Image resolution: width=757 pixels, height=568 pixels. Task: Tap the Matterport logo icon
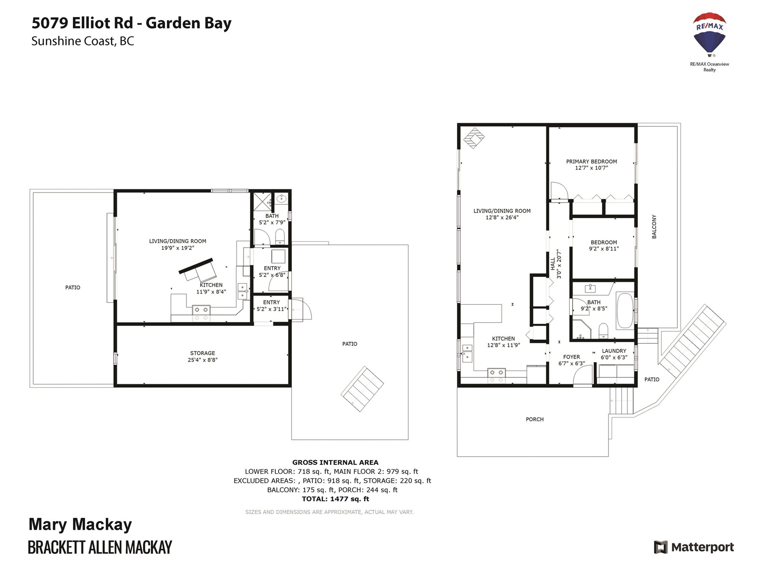pos(660,547)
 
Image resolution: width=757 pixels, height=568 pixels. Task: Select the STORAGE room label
pos(202,353)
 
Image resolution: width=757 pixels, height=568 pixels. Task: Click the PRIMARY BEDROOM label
pos(591,161)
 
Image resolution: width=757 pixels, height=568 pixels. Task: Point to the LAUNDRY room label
pos(614,351)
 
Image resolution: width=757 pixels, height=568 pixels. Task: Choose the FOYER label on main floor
pos(572,357)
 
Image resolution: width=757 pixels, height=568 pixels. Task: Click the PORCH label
pos(535,419)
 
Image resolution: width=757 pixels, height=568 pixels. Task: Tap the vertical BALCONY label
pos(654,227)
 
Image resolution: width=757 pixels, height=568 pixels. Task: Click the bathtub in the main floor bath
pos(625,311)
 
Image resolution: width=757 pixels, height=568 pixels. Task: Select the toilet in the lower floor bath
pos(280,236)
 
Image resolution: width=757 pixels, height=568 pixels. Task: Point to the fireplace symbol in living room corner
pos(474,138)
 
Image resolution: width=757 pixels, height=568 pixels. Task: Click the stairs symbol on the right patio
pos(362,389)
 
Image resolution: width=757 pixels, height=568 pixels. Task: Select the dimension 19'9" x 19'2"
pos(177,248)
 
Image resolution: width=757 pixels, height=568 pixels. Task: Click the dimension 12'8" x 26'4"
pos(502,218)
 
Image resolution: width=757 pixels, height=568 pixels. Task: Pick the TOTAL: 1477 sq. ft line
pos(335,499)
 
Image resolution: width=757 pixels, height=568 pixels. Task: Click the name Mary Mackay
pos(80,525)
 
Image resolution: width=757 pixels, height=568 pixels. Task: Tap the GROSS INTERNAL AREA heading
pos(335,462)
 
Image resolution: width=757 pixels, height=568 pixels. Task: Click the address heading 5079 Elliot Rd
pos(82,23)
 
